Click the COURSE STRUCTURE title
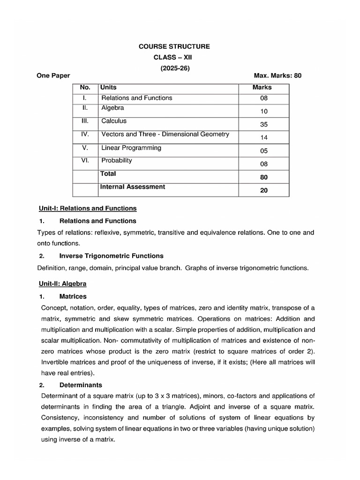pyautogui.click(x=174, y=46)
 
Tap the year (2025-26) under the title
pyautogui.click(x=174, y=67)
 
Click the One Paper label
pyautogui.click(x=53, y=75)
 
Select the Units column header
pyautogui.click(x=109, y=87)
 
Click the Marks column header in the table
pyautogui.click(x=262, y=87)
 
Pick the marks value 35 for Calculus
pyautogui.click(x=263, y=125)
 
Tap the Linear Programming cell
pyautogui.click(x=131, y=148)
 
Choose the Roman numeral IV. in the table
pyautogui.click(x=85, y=135)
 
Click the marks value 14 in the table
pyautogui.click(x=263, y=137)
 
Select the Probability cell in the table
pyautogui.click(x=117, y=160)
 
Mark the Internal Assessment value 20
pyautogui.click(x=263, y=190)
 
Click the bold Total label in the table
pyautogui.click(x=108, y=173)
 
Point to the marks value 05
pyautogui.click(x=263, y=151)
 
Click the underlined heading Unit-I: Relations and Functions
pyautogui.click(x=87, y=208)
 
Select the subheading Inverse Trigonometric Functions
pyautogui.click(x=112, y=256)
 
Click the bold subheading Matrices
pyautogui.click(x=73, y=297)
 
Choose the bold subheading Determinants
pyautogui.click(x=81, y=385)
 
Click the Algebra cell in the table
pyautogui.click(x=113, y=108)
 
